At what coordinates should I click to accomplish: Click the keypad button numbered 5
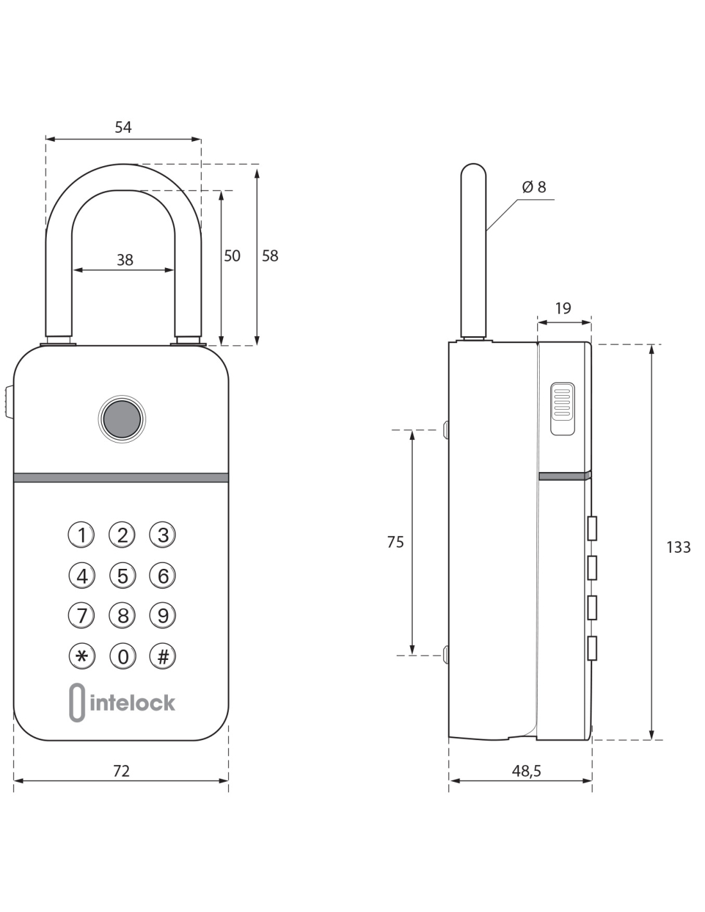coord(122,575)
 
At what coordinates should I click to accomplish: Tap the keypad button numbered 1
coord(81,534)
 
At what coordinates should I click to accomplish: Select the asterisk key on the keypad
coord(81,656)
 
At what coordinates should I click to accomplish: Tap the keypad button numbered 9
coord(163,616)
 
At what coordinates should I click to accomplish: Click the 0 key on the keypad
coord(122,656)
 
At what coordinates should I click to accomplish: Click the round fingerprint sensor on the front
coord(122,419)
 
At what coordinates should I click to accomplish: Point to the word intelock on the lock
coord(133,703)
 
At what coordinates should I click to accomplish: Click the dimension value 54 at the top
coord(123,128)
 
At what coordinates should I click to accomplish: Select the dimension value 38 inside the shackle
coord(125,260)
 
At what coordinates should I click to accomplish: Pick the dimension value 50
coord(232,256)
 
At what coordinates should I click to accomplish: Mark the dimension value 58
coord(270,256)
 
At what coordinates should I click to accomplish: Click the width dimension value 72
coord(121,771)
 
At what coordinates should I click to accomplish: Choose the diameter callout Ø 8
coord(534,187)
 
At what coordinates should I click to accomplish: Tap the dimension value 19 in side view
coord(563,308)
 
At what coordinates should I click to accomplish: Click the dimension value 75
coord(395,543)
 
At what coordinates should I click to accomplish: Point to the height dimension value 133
coord(678,547)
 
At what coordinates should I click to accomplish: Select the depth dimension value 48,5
coord(526,771)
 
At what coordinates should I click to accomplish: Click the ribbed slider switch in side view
coord(562,409)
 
